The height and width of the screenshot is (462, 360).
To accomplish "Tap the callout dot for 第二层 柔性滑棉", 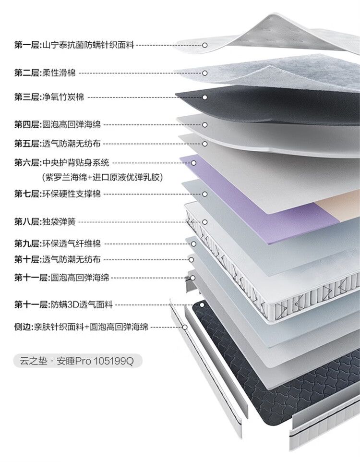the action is [x=204, y=73].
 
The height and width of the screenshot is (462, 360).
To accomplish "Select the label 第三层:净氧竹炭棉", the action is [x=49, y=97].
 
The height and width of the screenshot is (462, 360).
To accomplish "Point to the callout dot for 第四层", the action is [x=204, y=125].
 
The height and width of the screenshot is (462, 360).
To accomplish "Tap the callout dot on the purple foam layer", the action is [x=194, y=163].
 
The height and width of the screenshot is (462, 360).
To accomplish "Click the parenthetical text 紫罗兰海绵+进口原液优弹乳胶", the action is [x=103, y=177].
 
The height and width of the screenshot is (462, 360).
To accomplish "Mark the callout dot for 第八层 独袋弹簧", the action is [x=204, y=222].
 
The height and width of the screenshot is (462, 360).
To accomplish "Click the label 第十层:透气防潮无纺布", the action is [x=57, y=260].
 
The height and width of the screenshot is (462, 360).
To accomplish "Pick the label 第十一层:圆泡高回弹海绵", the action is [x=61, y=278].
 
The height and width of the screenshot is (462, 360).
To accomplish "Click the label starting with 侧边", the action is [x=81, y=327].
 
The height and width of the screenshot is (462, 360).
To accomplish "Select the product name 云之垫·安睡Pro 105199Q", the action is [x=77, y=360].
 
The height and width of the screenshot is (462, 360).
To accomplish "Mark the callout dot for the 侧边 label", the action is [x=185, y=327].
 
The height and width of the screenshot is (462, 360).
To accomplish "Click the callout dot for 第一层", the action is [x=204, y=45].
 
